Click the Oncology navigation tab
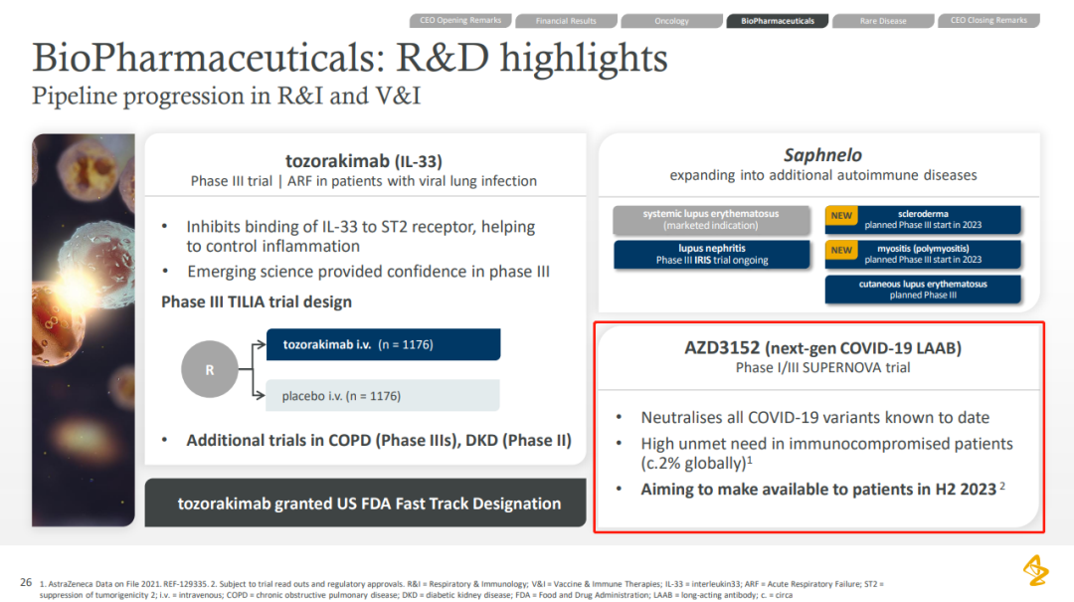click(671, 21)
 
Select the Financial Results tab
click(566, 21)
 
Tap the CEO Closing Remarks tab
click(988, 21)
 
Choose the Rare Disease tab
click(883, 21)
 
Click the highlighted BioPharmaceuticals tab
click(778, 21)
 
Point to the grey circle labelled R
click(210, 369)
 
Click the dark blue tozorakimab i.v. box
click(383, 344)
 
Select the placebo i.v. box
click(383, 396)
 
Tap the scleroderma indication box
click(923, 220)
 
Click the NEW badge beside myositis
click(841, 251)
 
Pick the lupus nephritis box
click(712, 255)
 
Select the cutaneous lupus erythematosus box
click(923, 290)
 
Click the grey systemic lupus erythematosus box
click(712, 220)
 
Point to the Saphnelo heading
click(822, 155)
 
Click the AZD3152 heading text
click(822, 347)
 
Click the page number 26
click(26, 582)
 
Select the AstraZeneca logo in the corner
click(1035, 570)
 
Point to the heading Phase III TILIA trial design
click(257, 301)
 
